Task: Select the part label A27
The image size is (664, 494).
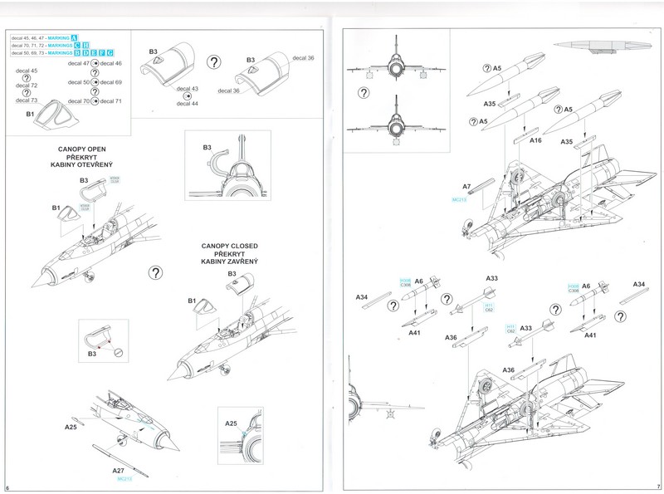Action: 119,470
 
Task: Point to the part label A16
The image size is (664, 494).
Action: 536,141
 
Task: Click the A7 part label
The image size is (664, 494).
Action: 466,187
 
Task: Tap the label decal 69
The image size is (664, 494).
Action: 111,82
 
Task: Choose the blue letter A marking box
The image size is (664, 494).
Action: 74,37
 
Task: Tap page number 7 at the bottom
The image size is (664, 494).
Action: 657,487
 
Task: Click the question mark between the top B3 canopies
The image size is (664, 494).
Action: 213,62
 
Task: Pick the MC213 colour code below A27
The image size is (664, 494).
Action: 125,479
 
